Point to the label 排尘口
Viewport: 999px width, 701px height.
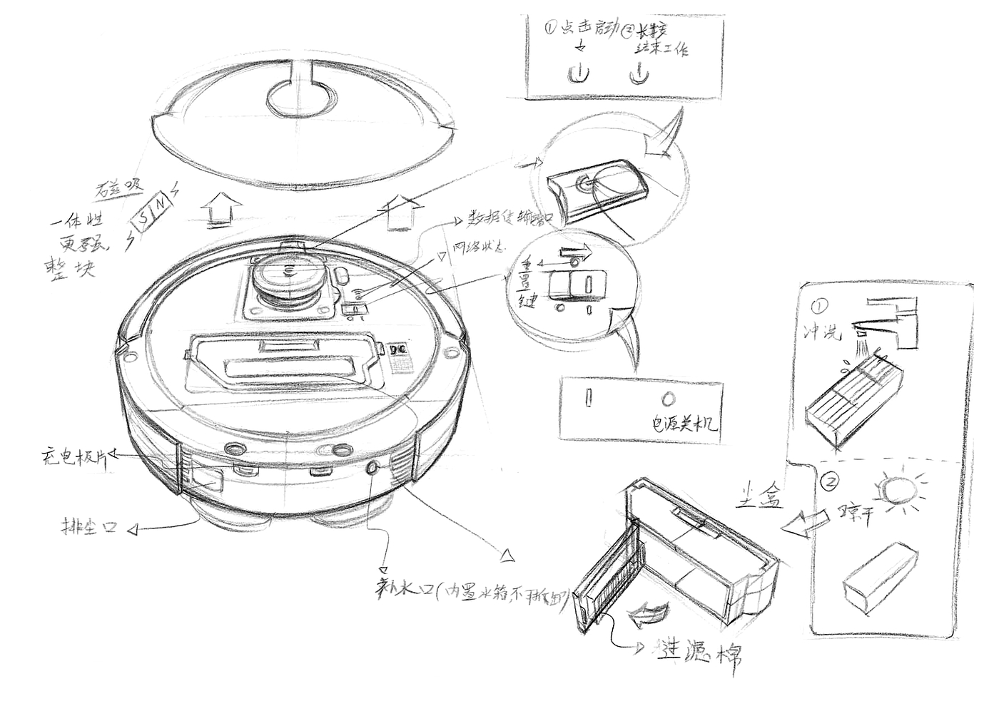pos(88,528)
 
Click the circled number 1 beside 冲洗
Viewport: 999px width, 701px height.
pos(818,307)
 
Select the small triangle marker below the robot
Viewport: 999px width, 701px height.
pos(507,553)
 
